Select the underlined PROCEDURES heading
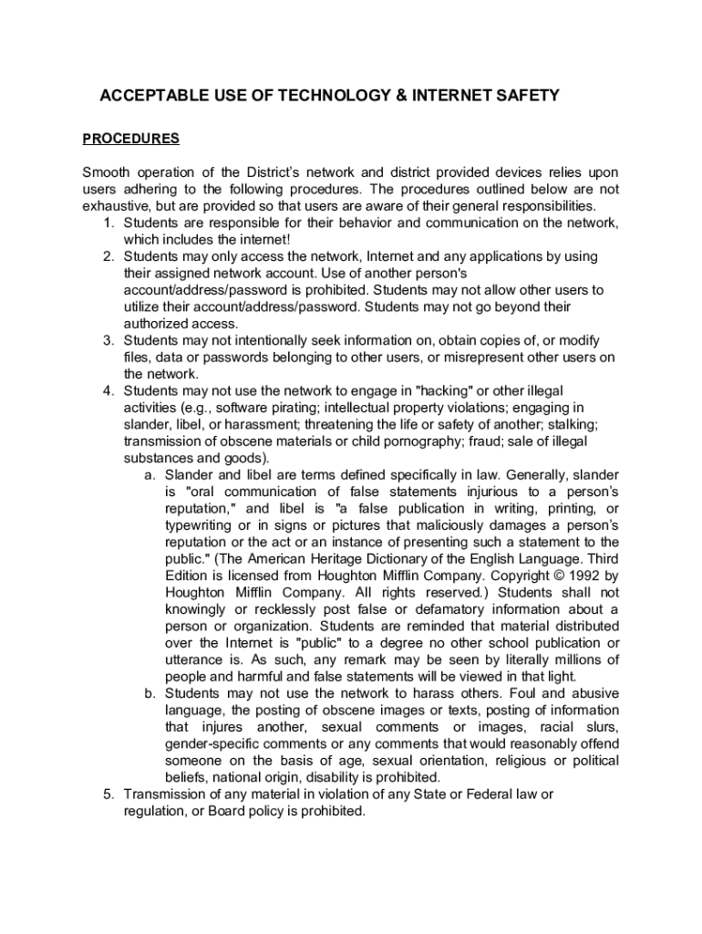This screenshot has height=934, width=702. pos(131,140)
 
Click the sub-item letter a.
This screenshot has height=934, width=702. pos(149,475)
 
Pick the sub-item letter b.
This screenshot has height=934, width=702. pos(149,693)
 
